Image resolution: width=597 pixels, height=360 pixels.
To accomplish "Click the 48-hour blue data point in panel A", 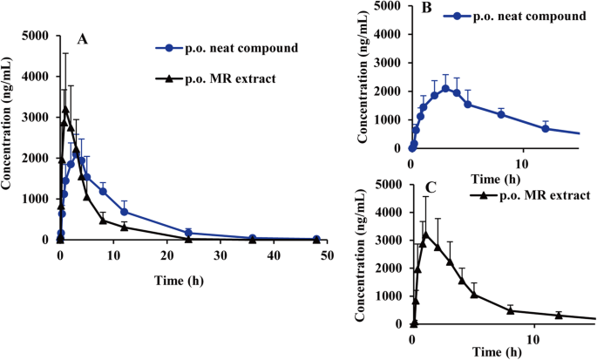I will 316,238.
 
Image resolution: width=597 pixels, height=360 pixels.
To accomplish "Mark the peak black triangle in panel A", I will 65,110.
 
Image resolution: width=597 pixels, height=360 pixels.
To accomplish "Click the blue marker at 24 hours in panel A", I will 188,233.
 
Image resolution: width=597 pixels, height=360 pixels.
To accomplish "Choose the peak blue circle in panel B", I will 445,88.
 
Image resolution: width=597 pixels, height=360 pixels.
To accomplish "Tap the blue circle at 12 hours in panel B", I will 546,128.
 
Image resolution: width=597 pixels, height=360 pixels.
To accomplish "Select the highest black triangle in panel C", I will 426,234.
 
